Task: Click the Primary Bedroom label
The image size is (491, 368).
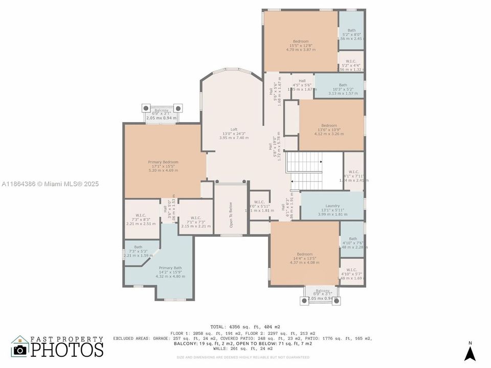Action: (x=163, y=162)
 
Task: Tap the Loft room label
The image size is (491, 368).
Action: (x=234, y=130)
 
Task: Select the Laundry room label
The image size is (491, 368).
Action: (x=332, y=206)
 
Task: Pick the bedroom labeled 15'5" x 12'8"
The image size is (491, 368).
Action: (x=301, y=41)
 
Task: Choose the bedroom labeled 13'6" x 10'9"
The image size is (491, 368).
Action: (x=329, y=126)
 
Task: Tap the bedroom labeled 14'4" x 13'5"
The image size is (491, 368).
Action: (x=304, y=254)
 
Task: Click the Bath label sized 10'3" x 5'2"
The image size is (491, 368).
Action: (x=343, y=85)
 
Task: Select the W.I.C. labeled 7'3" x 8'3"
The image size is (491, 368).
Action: (x=141, y=215)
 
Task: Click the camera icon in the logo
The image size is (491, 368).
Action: (x=20, y=350)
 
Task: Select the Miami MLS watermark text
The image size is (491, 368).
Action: (x=50, y=184)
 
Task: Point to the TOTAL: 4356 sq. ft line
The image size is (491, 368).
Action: (x=245, y=327)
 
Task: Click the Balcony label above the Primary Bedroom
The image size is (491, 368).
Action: (x=161, y=109)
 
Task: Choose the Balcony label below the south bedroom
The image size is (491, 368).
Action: (x=322, y=290)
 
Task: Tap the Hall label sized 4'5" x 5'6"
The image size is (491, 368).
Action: (x=302, y=81)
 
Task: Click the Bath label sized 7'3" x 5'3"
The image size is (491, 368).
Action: (x=138, y=247)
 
